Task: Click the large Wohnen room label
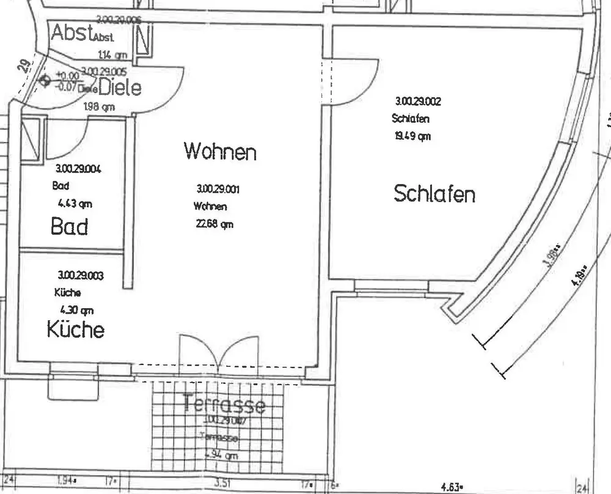220,150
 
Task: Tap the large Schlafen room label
434,194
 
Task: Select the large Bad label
69,227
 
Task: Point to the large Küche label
76,330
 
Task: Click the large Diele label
120,88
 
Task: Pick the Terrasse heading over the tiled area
224,404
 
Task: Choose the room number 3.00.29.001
218,189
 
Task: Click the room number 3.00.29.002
418,101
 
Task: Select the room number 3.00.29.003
81,276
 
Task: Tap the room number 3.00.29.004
78,169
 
